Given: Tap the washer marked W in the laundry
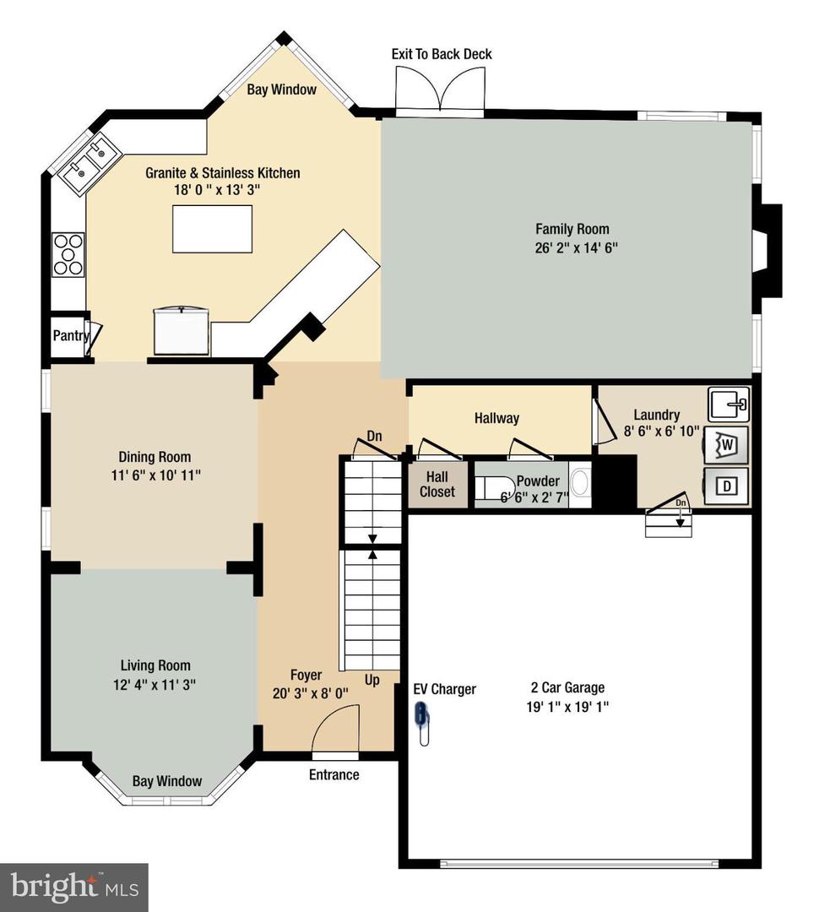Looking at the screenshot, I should pyautogui.click(x=727, y=444).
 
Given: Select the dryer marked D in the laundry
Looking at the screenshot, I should pyautogui.click(x=727, y=486).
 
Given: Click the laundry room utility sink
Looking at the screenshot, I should pyautogui.click(x=728, y=404).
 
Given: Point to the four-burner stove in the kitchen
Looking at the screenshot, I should pyautogui.click(x=68, y=254).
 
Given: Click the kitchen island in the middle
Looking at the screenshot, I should pyautogui.click(x=213, y=228).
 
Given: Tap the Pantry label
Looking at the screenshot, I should pyautogui.click(x=71, y=335).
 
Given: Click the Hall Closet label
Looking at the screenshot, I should pyautogui.click(x=437, y=485).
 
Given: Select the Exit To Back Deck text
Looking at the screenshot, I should pyautogui.click(x=441, y=54).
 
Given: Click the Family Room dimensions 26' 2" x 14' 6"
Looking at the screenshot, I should pyautogui.click(x=572, y=247).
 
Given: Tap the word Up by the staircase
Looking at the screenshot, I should pyautogui.click(x=372, y=680).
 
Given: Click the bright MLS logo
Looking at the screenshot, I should pyautogui.click(x=73, y=887).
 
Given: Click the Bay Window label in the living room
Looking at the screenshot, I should pyautogui.click(x=167, y=781).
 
